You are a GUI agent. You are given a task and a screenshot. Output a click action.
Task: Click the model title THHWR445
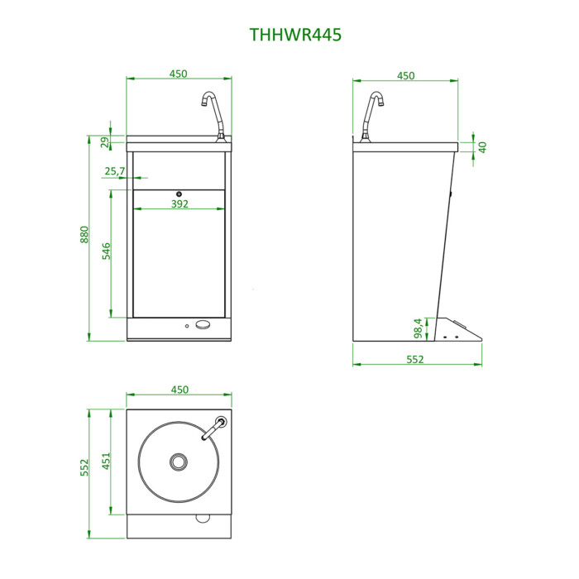pos(295,35)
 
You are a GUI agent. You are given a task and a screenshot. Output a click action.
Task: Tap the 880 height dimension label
pos(84,234)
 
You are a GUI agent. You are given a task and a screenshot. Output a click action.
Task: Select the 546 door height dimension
pos(107,251)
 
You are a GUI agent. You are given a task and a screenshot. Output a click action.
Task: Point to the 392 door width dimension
pos(179,203)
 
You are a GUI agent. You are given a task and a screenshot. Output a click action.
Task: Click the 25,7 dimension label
pos(115,171)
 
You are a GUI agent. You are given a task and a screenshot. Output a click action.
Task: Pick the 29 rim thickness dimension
pos(105,142)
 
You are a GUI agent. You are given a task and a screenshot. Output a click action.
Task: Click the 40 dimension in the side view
pos(482,147)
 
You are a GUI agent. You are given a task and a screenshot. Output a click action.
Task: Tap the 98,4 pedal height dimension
pos(418,328)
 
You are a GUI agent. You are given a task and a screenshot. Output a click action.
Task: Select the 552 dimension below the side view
pos(415,359)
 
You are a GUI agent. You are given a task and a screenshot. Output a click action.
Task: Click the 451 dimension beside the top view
pos(107,462)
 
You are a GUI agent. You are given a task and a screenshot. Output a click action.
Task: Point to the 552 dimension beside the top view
pos(84,467)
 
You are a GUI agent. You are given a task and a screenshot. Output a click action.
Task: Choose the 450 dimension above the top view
pos(179,390)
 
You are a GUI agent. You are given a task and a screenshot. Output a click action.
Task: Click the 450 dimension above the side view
pos(406,76)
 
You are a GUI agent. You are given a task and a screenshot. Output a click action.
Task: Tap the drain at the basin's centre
pos(179,462)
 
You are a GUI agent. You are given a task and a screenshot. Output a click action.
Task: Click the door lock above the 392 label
pos(179,194)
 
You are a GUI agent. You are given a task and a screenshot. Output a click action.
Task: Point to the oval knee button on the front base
pos(203,324)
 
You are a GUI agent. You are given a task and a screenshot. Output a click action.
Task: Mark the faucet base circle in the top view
pos(221,422)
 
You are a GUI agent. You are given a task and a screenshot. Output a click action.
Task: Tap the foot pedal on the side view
pos(458,328)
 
